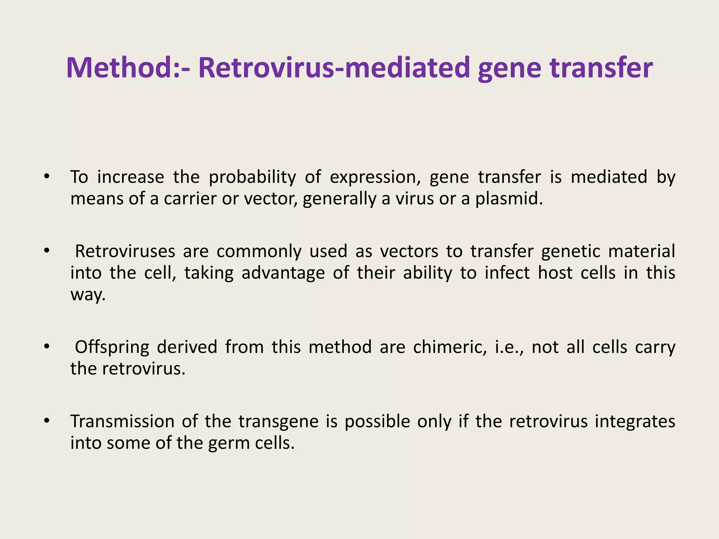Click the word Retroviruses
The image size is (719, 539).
(x=125, y=251)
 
